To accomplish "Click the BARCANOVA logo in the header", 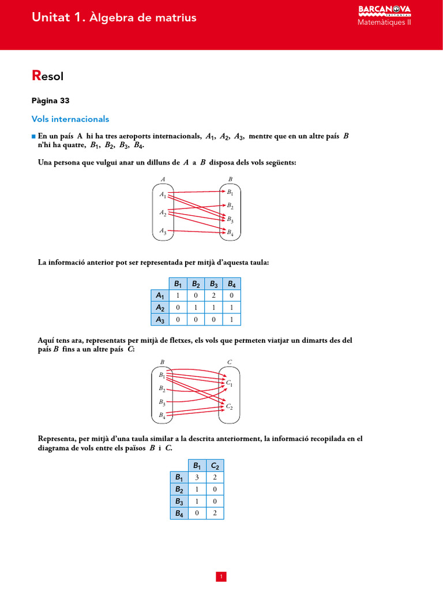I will (385, 10).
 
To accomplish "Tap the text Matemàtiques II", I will (384, 23).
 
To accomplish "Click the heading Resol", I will (47, 76).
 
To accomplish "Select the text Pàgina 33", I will (50, 100).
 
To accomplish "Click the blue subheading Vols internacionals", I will (70, 119).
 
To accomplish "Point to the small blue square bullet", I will (33, 136).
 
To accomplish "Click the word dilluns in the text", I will (159, 163).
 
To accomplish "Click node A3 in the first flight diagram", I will (163, 232).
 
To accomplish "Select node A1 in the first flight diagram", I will (163, 195).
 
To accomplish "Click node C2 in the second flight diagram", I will (229, 407).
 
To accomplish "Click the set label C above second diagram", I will (230, 362).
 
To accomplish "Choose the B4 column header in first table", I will (232, 283).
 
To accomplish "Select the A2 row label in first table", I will (160, 308).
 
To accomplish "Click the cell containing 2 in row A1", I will (214, 295).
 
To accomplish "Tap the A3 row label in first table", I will (160, 320).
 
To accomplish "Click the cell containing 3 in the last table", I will (197, 477).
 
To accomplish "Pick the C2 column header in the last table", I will (215, 465).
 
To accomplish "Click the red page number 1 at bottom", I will (221, 577).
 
